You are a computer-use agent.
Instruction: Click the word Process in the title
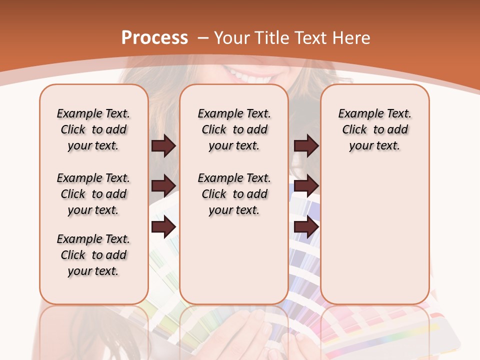point(154,38)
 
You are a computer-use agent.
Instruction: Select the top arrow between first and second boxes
point(163,146)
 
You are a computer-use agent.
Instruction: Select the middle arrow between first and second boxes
point(163,186)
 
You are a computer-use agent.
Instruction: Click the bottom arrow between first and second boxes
point(163,227)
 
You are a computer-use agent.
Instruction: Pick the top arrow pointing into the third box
point(306,146)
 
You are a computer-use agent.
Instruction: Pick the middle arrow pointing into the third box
point(306,186)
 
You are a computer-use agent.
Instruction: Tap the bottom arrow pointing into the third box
point(306,227)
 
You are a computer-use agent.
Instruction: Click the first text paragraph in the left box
point(93,129)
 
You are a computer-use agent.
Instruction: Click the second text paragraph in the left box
point(93,194)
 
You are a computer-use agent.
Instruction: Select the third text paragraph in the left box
point(93,255)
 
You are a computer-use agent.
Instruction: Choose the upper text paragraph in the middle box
point(234,129)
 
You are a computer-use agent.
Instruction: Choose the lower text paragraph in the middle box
point(234,194)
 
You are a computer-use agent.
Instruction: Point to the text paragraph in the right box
point(374,129)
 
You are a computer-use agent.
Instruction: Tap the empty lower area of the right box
point(374,235)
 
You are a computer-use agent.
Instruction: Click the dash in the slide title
point(203,38)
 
